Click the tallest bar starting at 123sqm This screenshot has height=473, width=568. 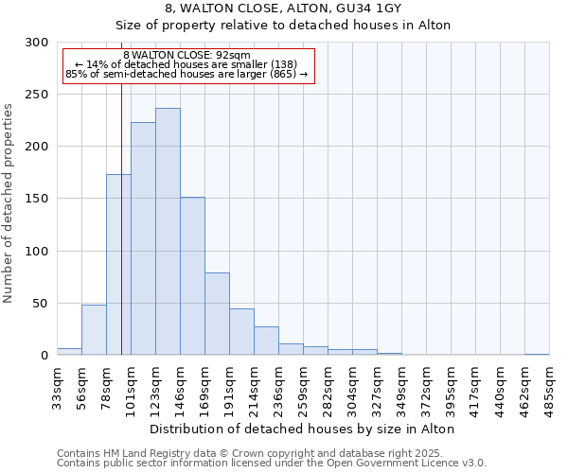[168, 232]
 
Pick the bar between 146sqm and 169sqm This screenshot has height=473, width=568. [192, 276]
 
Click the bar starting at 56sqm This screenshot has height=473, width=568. [94, 330]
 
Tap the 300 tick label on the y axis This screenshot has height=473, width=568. [37, 43]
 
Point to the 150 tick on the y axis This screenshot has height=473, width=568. [37, 200]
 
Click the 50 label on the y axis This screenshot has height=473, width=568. [41, 304]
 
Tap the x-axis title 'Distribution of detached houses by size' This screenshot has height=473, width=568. [302, 429]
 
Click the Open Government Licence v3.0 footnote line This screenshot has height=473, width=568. [271, 463]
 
